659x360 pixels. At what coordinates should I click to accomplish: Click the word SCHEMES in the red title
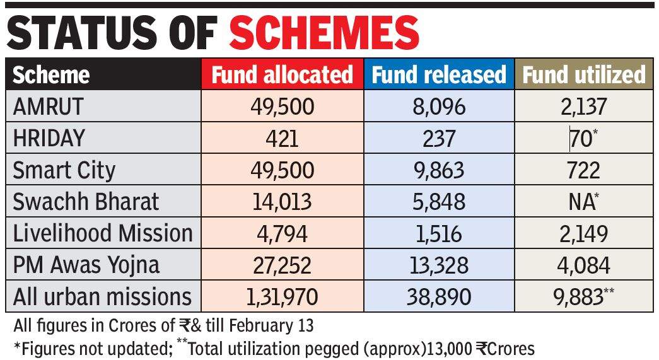point(324,32)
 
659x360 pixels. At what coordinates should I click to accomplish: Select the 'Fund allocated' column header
point(282,74)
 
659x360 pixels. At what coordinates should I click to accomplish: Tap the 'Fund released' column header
point(439,74)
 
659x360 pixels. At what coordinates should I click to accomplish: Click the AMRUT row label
point(48,107)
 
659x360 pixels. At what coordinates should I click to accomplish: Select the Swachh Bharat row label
point(86,201)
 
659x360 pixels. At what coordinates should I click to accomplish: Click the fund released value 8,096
point(438,107)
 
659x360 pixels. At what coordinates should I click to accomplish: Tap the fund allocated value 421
point(281,138)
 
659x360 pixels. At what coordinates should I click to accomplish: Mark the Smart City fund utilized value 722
point(582,170)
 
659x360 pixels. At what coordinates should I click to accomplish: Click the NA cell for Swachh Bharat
point(580,202)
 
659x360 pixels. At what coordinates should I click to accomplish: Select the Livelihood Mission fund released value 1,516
point(437,233)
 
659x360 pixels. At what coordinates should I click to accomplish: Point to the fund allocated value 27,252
point(281,265)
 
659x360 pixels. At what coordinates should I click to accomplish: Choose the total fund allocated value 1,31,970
point(281,296)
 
